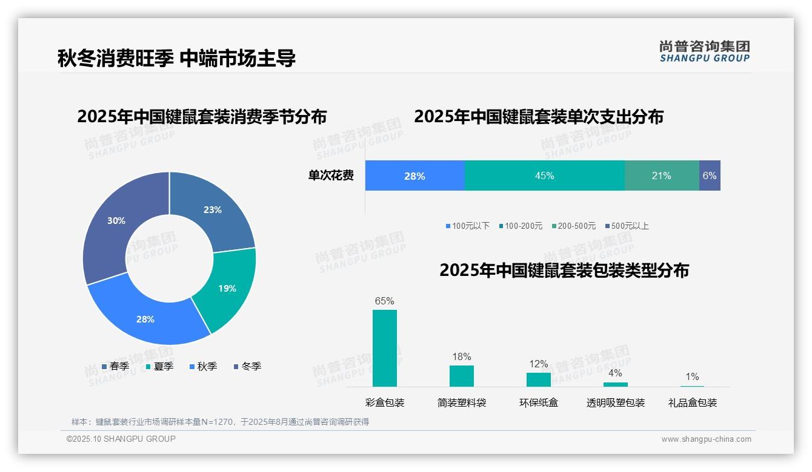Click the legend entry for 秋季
[x=203, y=366]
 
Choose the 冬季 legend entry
[x=247, y=366]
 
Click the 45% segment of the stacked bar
[x=544, y=175]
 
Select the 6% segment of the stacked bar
[x=710, y=175]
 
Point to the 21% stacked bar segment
[x=661, y=175]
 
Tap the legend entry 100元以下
[x=467, y=226]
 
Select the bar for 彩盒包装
[x=385, y=348]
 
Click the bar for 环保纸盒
[x=538, y=379]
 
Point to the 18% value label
[x=461, y=357]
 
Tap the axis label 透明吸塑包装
[x=615, y=402]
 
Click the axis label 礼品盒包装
[x=692, y=402]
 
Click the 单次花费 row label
[x=331, y=175]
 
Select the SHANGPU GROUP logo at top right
[x=704, y=51]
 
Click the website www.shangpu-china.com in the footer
[x=706, y=439]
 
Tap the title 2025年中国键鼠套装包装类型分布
[x=564, y=270]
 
